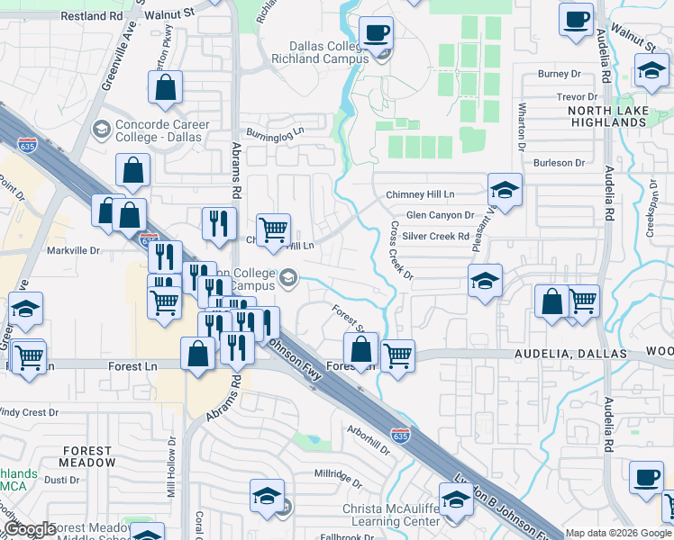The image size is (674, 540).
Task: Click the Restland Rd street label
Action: pos(90,16)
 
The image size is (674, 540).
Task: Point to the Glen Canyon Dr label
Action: pos(440,216)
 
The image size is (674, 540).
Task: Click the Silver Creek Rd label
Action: pos(436,237)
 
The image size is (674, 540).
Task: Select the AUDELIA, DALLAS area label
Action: pos(570,355)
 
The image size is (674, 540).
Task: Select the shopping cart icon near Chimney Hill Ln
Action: pos(273,229)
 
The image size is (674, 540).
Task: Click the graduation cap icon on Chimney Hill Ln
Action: pos(505,190)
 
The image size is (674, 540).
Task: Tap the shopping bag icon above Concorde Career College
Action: pos(166,87)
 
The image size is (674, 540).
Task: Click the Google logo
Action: pos(30,529)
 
